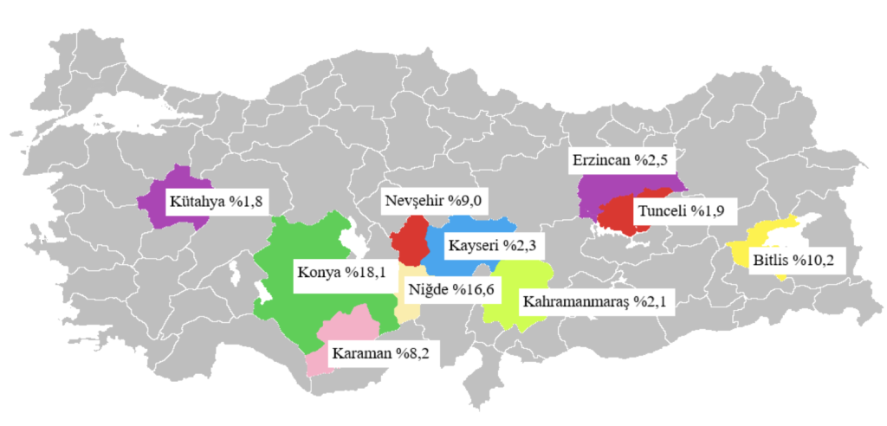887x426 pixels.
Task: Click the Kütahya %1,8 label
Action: pos(217,202)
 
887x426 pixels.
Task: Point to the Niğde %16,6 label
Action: pos(443,289)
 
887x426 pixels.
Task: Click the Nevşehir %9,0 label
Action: pos(433,202)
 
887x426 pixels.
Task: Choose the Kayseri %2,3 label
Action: pos(492,246)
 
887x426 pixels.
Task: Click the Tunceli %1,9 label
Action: pos(680,211)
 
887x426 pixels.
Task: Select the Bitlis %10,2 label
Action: pos(793,260)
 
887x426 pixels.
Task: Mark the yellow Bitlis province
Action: pos(762,238)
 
